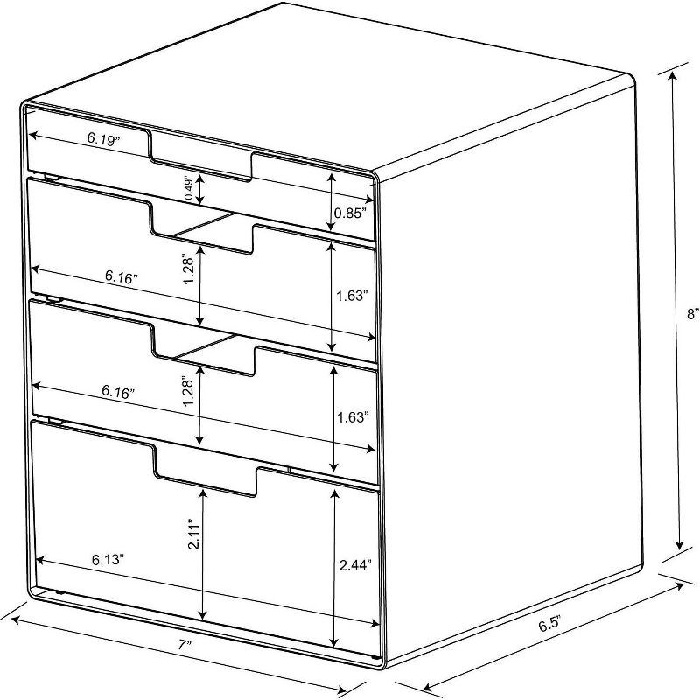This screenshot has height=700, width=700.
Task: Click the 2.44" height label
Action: pos(355,566)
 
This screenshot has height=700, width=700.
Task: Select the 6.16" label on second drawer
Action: pos(121,276)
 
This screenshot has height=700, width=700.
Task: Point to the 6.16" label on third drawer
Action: pos(117,393)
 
